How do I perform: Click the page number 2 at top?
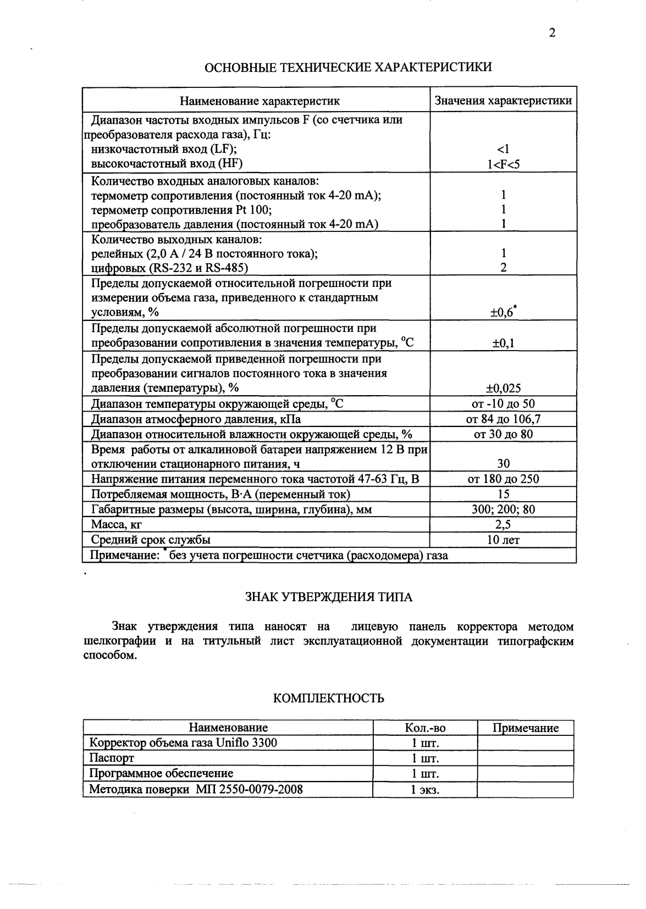pyautogui.click(x=552, y=33)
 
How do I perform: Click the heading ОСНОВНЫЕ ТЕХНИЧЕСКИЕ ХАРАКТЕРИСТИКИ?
pyautogui.click(x=348, y=68)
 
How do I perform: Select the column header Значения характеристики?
pyautogui.click(x=503, y=101)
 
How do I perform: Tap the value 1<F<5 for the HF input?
pyautogui.click(x=503, y=164)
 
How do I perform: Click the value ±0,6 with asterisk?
pyautogui.click(x=503, y=312)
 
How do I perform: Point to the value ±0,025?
pyautogui.click(x=503, y=389)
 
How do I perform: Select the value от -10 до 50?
pyautogui.click(x=503, y=404)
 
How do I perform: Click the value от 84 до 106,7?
pyautogui.click(x=503, y=419)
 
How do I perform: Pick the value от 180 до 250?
pyautogui.click(x=503, y=479)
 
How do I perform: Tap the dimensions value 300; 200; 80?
pyautogui.click(x=503, y=509)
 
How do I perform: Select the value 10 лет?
pyautogui.click(x=503, y=540)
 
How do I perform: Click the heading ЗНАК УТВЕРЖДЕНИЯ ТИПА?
pyautogui.click(x=328, y=597)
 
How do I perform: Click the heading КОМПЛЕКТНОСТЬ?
pyautogui.click(x=328, y=699)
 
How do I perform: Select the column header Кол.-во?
pyautogui.click(x=424, y=728)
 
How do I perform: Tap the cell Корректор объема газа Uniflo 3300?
pyautogui.click(x=184, y=743)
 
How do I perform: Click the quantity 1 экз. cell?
pyautogui.click(x=424, y=790)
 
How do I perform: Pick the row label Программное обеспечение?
pyautogui.click(x=157, y=774)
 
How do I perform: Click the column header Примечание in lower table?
pyautogui.click(x=525, y=728)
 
